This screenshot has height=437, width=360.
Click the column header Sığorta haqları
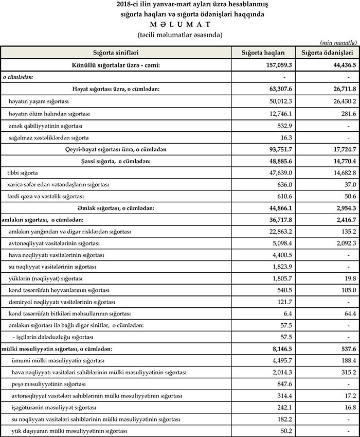[263, 53]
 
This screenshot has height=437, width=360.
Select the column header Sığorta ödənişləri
[327, 53]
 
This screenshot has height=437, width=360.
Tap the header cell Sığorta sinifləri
[116, 53]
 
